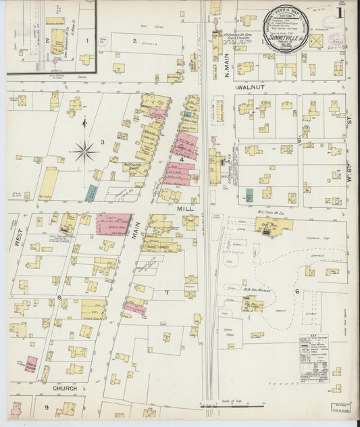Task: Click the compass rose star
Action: pyautogui.click(x=84, y=151)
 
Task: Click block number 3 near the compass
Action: pyautogui.click(x=102, y=141)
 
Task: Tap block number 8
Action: pyautogui.click(x=59, y=297)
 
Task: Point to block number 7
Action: pyautogui.click(x=166, y=292)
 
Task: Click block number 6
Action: pyautogui.click(x=297, y=291)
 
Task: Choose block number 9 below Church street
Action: pyautogui.click(x=47, y=407)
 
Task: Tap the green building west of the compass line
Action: pyautogui.click(x=91, y=193)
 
